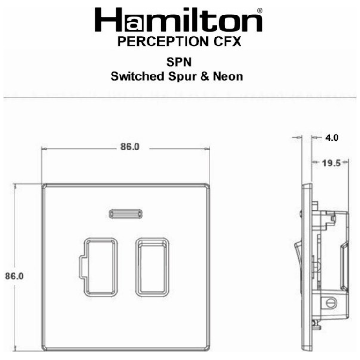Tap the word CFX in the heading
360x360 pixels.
tap(225, 42)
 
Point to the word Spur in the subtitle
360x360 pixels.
tap(180, 75)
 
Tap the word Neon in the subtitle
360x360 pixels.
tap(227, 75)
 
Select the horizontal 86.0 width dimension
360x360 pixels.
tap(130, 147)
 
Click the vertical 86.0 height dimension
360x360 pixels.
tap(14, 275)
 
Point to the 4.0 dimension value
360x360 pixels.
tap(332, 138)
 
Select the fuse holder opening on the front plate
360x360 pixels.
tap(100, 267)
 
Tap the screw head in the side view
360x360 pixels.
tap(330, 302)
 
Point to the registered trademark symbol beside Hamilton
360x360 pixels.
tap(260, 10)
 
